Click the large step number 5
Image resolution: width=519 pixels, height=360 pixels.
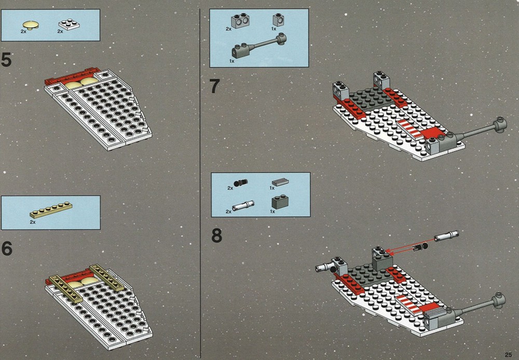tap(6, 60)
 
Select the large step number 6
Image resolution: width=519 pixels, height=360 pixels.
tap(7, 248)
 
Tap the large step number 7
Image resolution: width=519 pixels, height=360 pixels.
tap(214, 86)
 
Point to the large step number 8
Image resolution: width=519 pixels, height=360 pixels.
tap(216, 235)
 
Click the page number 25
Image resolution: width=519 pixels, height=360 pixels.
tap(509, 354)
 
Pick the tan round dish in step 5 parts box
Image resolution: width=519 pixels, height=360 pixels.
tap(30, 25)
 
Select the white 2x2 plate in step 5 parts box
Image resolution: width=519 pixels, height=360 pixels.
tap(69, 24)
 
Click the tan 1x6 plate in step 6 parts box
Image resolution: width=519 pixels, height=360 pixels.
tap(51, 210)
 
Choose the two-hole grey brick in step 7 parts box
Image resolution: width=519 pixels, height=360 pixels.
tap(241, 21)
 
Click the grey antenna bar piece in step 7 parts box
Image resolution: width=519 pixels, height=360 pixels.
tap(259, 46)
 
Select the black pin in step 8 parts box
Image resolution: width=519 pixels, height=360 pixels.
tap(241, 183)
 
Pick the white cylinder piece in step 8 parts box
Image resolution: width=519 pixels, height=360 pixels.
tap(243, 206)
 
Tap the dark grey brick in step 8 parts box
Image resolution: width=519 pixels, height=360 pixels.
tap(280, 203)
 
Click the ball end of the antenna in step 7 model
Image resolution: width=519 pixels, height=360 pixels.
tap(500, 125)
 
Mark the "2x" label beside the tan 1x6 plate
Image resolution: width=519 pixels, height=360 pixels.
tap(32, 222)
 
